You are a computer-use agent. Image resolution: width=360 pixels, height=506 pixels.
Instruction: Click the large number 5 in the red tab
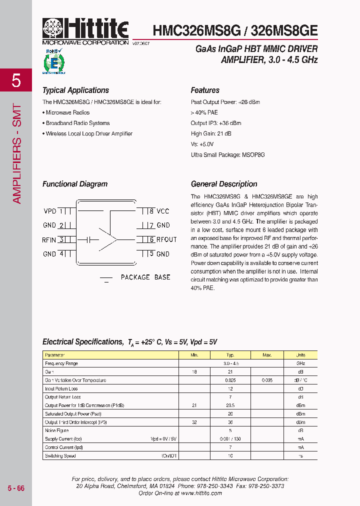click(16, 80)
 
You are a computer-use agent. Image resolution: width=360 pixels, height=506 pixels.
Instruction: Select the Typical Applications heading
click(75, 90)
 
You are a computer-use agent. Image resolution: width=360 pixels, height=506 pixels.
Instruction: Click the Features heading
click(205, 90)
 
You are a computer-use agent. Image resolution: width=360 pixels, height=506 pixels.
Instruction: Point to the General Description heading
click(224, 184)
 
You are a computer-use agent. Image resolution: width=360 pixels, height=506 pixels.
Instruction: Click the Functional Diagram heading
click(75, 184)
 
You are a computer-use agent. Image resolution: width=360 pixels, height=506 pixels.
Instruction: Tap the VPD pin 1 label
click(50, 211)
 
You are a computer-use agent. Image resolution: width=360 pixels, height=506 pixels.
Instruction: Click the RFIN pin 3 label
click(49, 240)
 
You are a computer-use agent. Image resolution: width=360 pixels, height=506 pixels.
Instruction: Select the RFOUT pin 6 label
click(166, 239)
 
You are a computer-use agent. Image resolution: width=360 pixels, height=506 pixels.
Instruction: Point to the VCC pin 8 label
click(163, 211)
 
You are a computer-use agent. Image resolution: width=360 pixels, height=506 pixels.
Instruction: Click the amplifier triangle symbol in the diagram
click(107, 240)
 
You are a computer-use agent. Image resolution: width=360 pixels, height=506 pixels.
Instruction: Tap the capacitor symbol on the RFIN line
click(89, 240)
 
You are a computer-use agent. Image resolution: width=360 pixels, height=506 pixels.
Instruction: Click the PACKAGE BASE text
click(145, 277)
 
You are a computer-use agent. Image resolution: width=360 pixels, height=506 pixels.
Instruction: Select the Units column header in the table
click(300, 355)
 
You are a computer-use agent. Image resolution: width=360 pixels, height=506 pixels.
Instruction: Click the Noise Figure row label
click(57, 430)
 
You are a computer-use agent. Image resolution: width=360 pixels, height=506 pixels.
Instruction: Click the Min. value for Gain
click(194, 372)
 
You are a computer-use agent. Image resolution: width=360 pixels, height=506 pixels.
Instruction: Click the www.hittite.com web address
click(201, 493)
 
